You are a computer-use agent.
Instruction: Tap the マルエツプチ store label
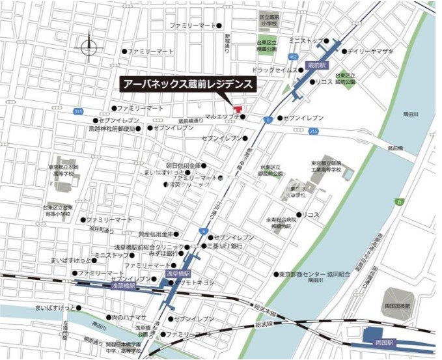point(223,117)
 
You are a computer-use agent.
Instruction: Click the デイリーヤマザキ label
point(370,50)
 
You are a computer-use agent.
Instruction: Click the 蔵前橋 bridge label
point(396,148)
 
